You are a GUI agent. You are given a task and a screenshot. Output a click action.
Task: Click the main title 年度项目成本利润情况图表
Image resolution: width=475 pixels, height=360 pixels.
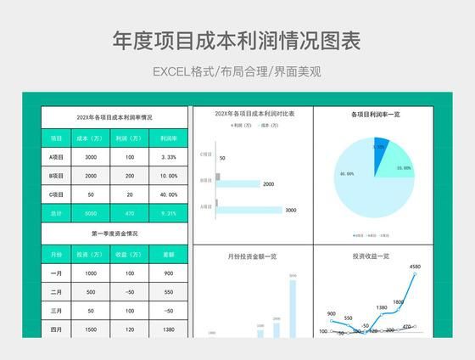click(237, 41)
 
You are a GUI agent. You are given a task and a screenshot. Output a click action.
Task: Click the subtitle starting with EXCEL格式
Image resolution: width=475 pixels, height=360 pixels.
click(237, 71)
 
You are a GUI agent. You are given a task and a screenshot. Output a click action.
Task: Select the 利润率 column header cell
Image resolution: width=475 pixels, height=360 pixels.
click(168, 138)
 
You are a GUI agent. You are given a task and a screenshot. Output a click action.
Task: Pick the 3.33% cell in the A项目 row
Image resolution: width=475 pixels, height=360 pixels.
click(168, 157)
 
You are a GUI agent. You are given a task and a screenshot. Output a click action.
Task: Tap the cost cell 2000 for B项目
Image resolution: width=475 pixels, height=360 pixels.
click(92, 176)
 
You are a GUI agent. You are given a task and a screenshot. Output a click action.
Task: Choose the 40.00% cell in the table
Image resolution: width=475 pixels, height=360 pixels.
click(168, 194)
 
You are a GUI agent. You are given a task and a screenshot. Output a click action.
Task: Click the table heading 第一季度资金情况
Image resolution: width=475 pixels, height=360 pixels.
click(115, 233)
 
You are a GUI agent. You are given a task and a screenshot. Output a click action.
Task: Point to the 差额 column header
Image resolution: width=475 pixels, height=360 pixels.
click(168, 254)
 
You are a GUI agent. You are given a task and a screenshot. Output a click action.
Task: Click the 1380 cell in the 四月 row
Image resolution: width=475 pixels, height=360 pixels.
click(168, 329)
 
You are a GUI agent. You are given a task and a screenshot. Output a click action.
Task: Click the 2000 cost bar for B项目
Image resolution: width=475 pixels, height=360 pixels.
click(240, 183)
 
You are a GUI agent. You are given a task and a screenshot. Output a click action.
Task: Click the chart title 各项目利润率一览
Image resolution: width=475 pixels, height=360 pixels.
click(375, 114)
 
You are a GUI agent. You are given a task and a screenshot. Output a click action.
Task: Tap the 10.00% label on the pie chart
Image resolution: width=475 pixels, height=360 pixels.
click(403, 168)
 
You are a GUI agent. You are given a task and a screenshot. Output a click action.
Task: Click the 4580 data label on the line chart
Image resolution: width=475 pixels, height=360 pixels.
click(415, 267)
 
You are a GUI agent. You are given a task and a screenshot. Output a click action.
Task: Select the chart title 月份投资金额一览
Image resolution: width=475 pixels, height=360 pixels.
click(252, 256)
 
